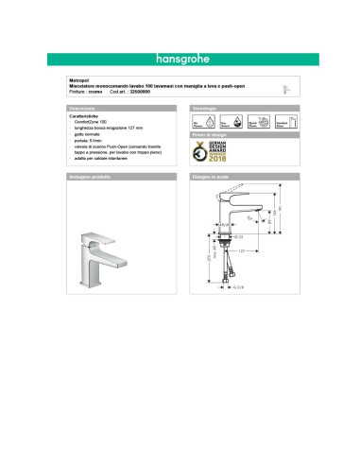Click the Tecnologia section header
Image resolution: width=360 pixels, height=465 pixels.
point(205,110)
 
